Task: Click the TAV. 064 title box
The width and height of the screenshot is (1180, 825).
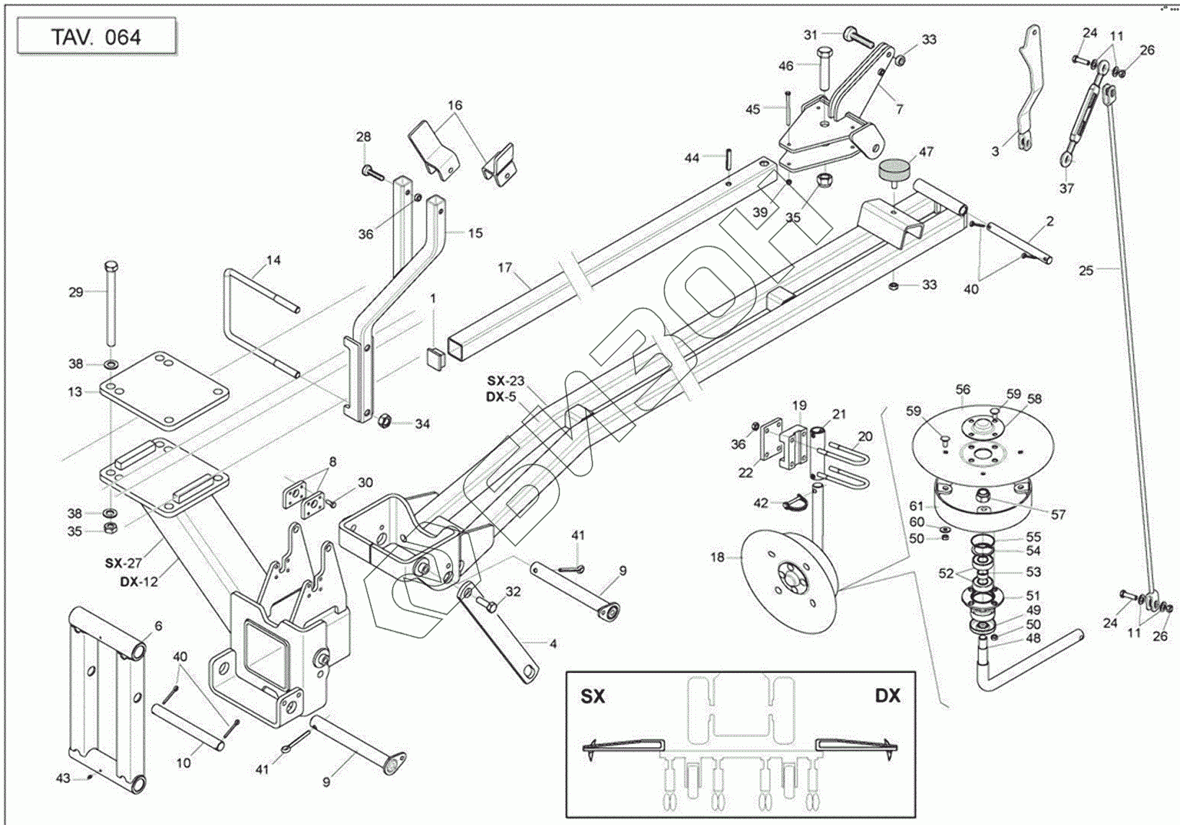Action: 96,37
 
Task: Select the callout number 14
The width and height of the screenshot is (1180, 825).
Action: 273,260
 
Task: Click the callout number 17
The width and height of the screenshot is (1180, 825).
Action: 505,268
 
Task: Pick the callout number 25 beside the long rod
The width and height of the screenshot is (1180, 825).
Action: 1086,270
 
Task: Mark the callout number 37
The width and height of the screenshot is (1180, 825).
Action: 1067,188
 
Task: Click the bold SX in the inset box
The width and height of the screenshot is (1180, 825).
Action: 593,696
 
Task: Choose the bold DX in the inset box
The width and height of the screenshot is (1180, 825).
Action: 888,696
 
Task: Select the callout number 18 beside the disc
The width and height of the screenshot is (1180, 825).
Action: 717,557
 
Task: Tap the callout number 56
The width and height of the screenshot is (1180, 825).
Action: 963,389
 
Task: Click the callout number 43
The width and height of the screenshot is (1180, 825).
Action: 63,778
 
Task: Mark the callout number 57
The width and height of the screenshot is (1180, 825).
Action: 1058,515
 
